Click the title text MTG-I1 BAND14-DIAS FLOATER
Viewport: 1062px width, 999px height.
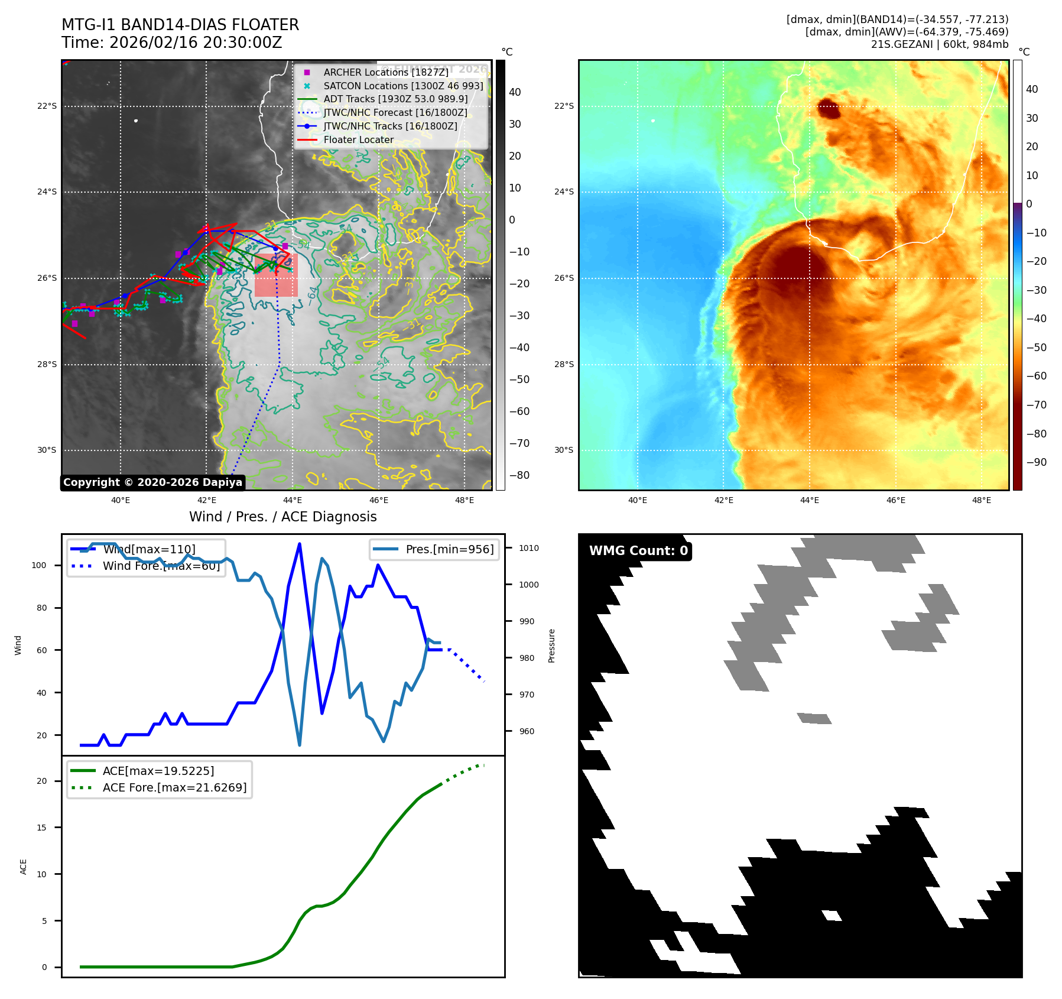(x=180, y=25)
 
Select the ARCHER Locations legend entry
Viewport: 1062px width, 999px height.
(x=385, y=72)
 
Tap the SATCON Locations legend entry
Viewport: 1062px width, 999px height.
(x=403, y=86)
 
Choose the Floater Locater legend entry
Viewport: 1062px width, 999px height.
(x=358, y=140)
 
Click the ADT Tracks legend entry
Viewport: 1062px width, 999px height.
(x=395, y=99)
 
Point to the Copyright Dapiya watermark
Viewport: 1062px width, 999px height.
(x=152, y=482)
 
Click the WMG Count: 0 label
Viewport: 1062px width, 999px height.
(x=638, y=551)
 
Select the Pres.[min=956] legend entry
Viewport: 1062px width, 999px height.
(x=449, y=549)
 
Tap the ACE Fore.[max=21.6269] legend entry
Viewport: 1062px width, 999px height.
(x=174, y=787)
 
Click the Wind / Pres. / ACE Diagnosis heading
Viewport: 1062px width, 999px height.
(x=282, y=517)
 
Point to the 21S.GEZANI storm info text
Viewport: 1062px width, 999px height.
(x=939, y=44)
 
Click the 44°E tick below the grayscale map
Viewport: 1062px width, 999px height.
(x=292, y=501)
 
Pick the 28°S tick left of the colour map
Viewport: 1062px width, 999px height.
(x=564, y=364)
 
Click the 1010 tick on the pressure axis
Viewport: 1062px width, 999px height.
(x=528, y=548)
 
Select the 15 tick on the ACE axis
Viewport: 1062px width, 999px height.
(x=41, y=828)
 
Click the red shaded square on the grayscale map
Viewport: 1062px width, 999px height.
(x=276, y=275)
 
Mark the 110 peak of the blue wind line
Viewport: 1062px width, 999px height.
(x=300, y=544)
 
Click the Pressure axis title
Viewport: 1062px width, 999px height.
(x=551, y=646)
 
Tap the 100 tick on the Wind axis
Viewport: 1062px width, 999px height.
(x=38, y=565)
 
